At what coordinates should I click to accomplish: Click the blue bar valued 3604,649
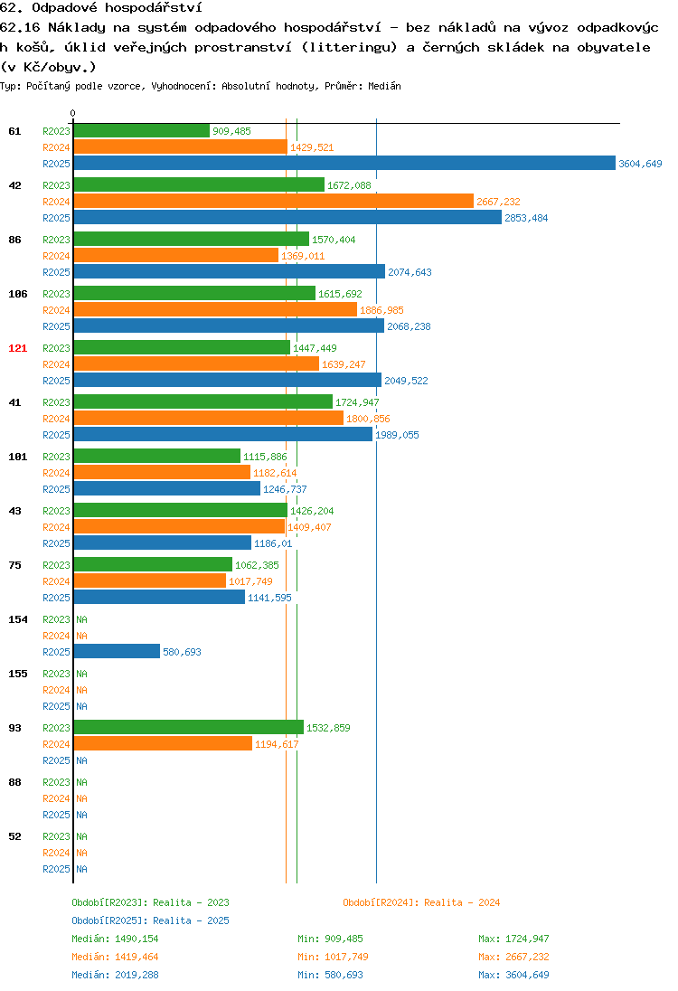tap(344, 163)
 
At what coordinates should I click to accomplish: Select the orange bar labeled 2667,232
tap(274, 201)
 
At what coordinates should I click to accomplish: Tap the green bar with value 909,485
tap(142, 131)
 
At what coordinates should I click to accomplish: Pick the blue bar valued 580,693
tap(117, 651)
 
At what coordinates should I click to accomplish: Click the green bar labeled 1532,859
tap(189, 727)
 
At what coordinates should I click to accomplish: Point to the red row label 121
tap(18, 348)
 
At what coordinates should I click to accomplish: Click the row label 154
tap(18, 619)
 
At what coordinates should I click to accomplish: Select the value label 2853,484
tap(526, 218)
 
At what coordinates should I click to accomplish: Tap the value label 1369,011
tap(303, 256)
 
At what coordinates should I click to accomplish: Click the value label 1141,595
tap(269, 598)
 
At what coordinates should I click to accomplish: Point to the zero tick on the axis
tap(72, 113)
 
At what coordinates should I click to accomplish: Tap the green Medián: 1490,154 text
tap(115, 939)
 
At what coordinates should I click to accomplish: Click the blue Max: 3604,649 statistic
tap(513, 975)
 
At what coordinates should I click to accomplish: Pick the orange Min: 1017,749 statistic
tap(333, 957)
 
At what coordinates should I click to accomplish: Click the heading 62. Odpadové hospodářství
tap(101, 7)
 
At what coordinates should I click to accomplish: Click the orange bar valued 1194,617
tap(163, 743)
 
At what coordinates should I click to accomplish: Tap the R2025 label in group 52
tap(56, 869)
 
